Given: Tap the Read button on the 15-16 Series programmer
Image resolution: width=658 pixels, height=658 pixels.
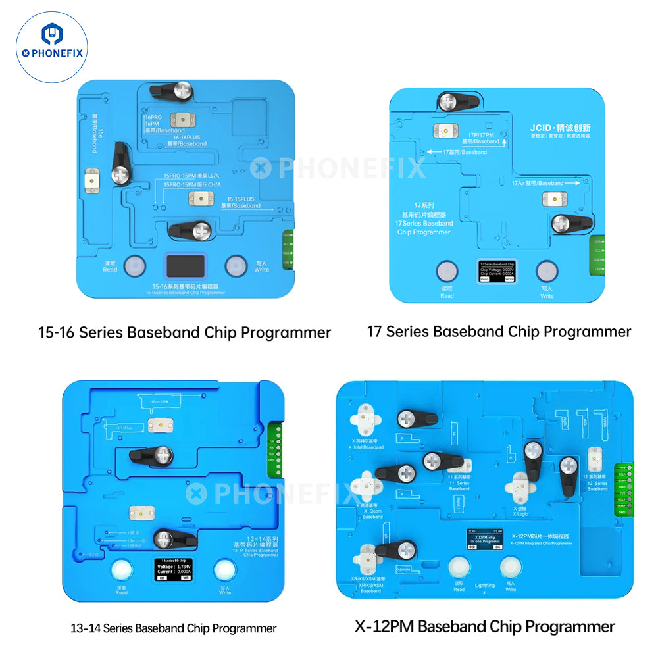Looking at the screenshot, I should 134,265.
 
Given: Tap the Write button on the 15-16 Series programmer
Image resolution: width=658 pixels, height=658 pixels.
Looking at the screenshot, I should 236,265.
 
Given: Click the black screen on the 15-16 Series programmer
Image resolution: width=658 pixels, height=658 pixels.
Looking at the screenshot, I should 184,266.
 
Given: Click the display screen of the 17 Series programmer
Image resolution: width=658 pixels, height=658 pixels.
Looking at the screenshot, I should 497,271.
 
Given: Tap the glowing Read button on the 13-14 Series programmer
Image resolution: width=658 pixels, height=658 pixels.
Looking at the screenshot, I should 121,569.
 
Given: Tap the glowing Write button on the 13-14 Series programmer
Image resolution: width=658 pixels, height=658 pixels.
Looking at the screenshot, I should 225,569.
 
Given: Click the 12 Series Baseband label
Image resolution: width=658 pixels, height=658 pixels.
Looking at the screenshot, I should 597,484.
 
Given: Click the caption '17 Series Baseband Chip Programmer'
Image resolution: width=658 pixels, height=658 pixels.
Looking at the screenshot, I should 499,331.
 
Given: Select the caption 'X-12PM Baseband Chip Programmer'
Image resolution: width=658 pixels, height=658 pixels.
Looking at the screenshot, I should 485,626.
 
